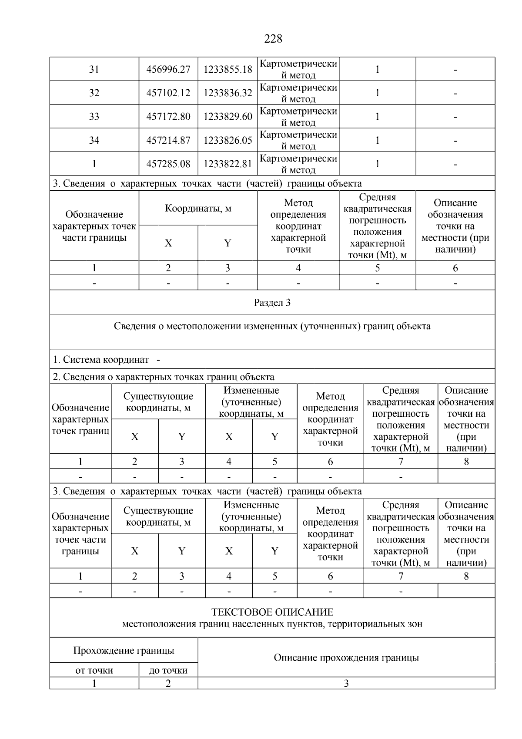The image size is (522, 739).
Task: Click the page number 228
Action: (273, 39)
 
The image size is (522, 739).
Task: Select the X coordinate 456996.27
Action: (168, 70)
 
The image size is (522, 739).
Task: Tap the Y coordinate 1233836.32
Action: (228, 93)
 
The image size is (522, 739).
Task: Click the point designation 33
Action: (94, 117)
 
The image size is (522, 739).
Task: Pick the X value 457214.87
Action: (168, 140)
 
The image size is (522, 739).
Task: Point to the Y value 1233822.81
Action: (228, 164)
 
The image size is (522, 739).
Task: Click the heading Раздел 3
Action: (272, 303)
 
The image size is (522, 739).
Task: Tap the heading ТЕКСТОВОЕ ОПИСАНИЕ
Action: (272, 612)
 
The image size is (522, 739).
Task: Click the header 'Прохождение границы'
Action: (124, 651)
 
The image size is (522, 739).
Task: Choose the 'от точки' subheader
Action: (94, 671)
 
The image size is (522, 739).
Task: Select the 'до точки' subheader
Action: (168, 671)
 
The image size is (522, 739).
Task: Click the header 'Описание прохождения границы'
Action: (346, 658)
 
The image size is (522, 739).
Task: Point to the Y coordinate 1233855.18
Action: (228, 70)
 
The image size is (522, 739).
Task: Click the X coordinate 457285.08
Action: (168, 164)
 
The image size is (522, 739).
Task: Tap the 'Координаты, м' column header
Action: (198, 208)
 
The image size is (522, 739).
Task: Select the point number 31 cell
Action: (94, 70)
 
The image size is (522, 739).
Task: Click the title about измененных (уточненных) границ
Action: (272, 326)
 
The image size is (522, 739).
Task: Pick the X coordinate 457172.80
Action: (168, 117)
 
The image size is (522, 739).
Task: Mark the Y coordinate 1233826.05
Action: (228, 140)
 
